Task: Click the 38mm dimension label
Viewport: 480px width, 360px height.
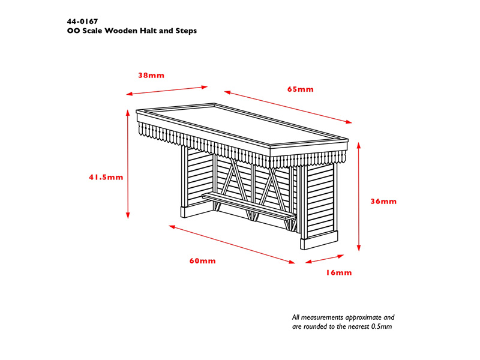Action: click(x=151, y=76)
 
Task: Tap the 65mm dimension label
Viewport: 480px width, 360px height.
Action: click(x=301, y=89)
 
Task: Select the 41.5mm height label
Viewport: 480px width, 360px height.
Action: click(x=106, y=177)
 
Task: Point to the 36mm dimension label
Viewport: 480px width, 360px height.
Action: click(x=383, y=202)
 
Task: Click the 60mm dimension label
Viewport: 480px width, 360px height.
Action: click(x=203, y=261)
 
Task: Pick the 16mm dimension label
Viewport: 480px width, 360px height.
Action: click(x=338, y=273)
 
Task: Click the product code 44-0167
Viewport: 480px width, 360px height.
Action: click(x=82, y=22)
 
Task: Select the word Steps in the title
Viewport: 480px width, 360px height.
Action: click(x=186, y=31)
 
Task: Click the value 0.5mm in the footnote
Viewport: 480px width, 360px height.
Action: click(x=382, y=326)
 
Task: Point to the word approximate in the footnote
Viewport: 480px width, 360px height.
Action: click(x=362, y=318)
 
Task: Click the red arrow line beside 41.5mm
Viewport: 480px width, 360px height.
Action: click(x=128, y=164)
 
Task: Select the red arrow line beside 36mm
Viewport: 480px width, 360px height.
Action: click(x=359, y=197)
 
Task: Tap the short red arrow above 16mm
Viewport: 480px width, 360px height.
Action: click(x=325, y=259)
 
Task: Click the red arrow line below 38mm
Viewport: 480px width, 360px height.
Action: click(x=167, y=91)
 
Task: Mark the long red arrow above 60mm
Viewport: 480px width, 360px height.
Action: click(x=232, y=244)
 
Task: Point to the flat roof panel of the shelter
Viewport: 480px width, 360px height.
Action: click(x=242, y=125)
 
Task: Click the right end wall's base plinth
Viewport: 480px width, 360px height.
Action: click(x=319, y=240)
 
